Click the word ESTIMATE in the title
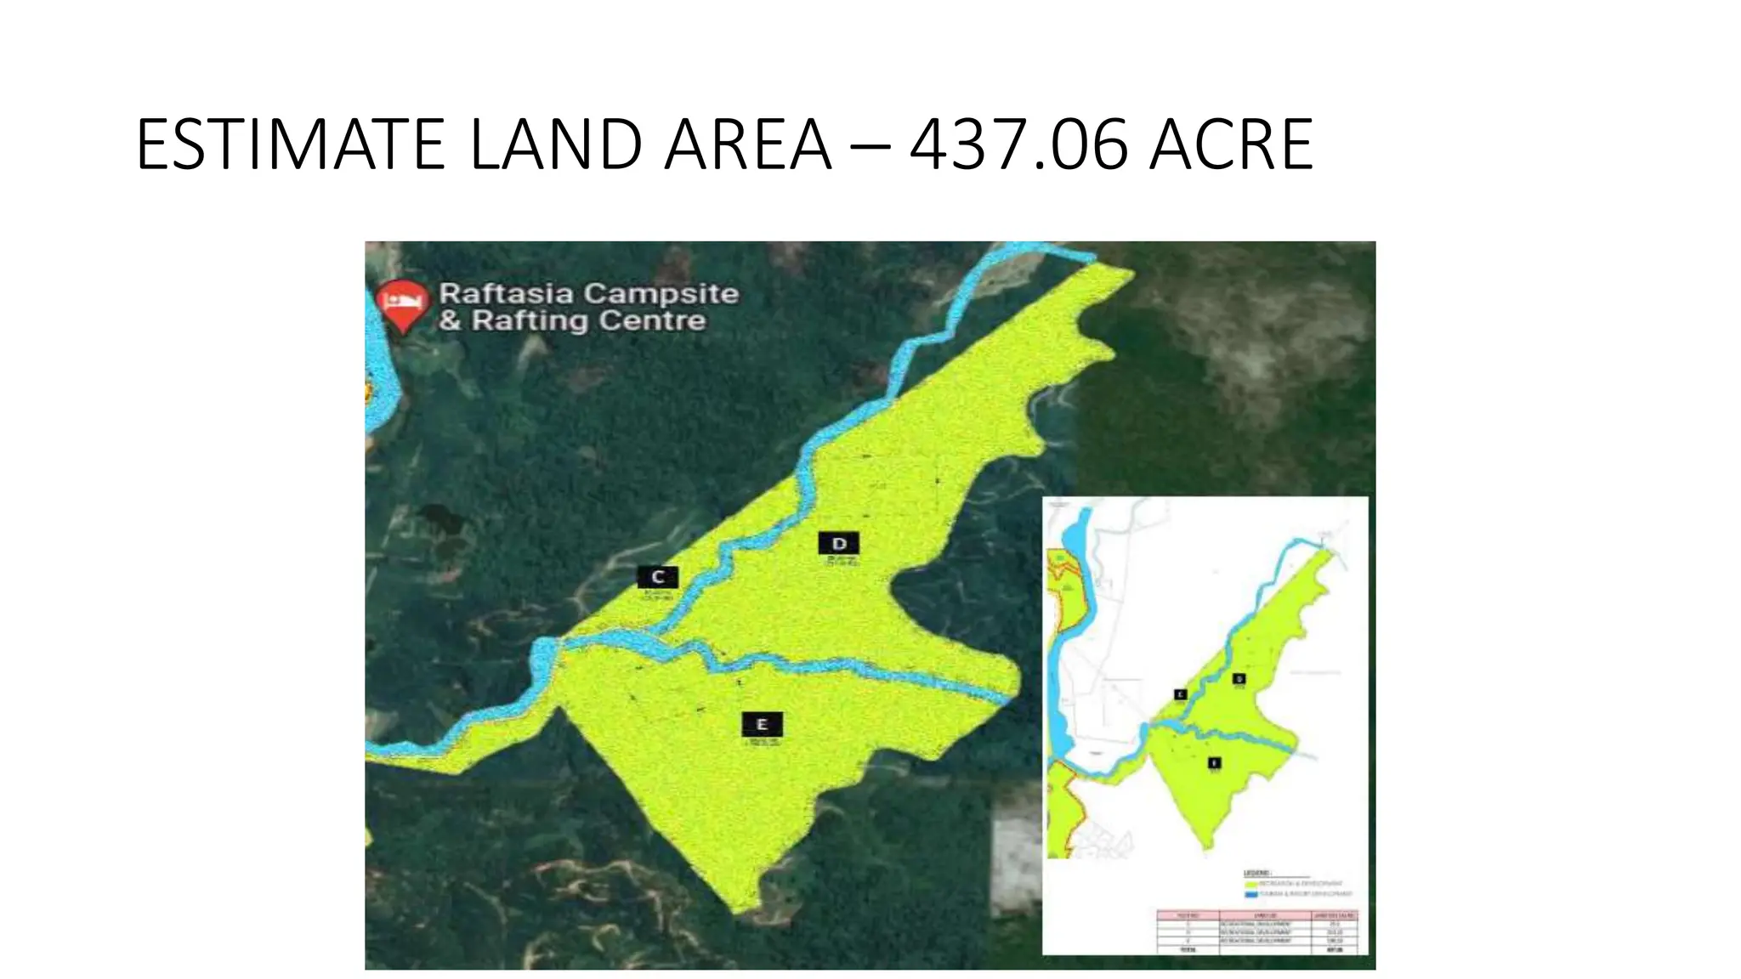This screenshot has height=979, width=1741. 290,145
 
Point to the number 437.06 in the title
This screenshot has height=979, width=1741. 1018,145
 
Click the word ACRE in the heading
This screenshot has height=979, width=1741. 1230,145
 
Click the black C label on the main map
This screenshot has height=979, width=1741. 658,578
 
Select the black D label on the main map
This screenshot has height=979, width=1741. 839,544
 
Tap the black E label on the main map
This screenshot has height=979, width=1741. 762,725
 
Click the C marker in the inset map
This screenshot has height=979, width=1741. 1180,694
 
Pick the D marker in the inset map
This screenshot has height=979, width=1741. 1239,679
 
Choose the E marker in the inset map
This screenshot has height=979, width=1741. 1214,763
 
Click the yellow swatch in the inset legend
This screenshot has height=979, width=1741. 1250,885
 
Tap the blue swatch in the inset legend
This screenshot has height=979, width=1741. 1250,895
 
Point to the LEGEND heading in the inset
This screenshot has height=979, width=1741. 1258,874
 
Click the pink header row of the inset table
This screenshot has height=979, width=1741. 1256,915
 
